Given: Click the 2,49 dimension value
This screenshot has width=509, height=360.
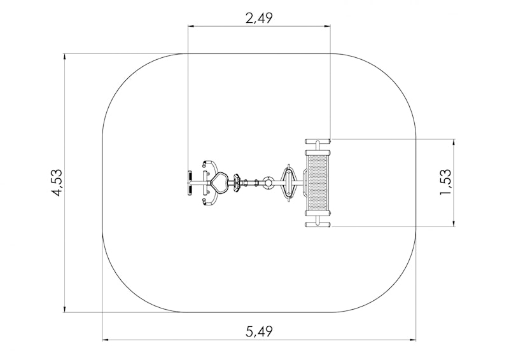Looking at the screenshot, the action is (259, 18).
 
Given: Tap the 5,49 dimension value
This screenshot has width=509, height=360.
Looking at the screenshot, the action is (260, 332).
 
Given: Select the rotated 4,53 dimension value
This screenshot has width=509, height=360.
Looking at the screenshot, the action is (57, 183).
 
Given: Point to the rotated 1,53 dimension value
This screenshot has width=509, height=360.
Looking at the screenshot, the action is (446, 183).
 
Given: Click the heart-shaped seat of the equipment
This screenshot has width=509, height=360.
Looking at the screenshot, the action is (220, 183).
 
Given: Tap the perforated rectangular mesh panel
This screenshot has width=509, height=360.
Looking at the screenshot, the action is (317, 183).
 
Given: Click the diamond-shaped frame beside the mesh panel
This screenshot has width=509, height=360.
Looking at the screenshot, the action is (288, 183).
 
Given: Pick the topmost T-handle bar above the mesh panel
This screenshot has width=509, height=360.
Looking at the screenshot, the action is (317, 142).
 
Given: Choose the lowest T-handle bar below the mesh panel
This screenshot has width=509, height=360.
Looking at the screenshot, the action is (317, 224).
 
